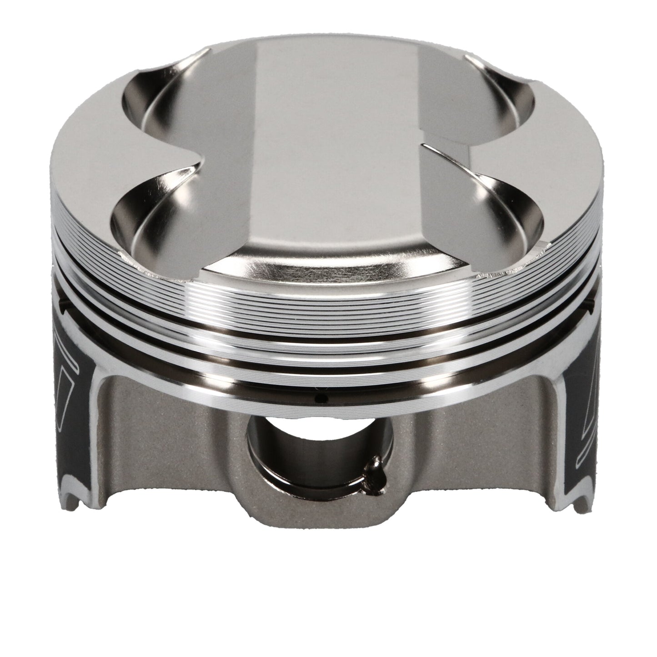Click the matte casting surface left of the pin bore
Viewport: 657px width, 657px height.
pos(182,432)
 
